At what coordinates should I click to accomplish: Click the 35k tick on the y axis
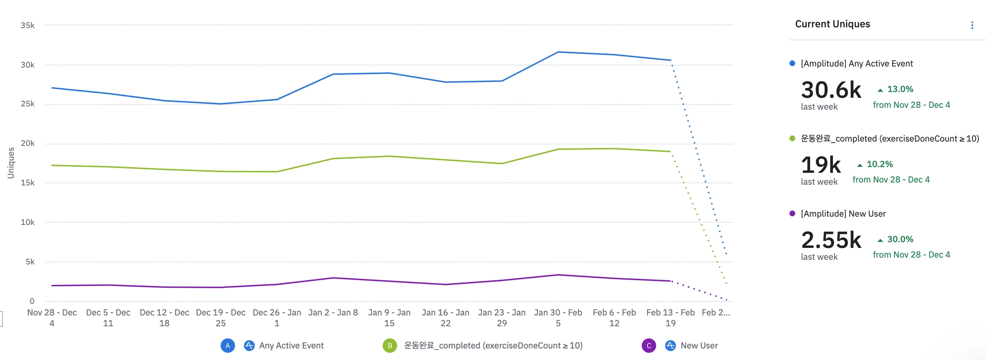pyautogui.click(x=27, y=25)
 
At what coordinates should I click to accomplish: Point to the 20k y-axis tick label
pyautogui.click(x=27, y=143)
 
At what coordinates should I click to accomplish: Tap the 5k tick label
pyautogui.click(x=30, y=262)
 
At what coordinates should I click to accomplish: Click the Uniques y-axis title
pyautogui.click(x=11, y=163)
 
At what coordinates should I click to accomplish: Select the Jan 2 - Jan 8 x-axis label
pyautogui.click(x=333, y=312)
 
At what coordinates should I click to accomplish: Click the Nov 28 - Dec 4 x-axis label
pyautogui.click(x=52, y=318)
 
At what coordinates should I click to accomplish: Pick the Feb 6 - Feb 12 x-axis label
pyautogui.click(x=614, y=318)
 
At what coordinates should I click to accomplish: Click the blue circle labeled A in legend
pyautogui.click(x=228, y=346)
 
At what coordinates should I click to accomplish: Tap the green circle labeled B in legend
pyautogui.click(x=390, y=346)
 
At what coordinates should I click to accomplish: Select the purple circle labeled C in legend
pyautogui.click(x=649, y=346)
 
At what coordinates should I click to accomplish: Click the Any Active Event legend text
pyautogui.click(x=291, y=346)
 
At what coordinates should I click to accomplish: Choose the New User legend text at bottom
pyautogui.click(x=699, y=346)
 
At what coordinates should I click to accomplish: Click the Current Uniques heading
pyautogui.click(x=832, y=24)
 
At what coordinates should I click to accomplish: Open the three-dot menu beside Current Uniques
pyautogui.click(x=972, y=25)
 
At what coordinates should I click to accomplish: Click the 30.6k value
pyautogui.click(x=831, y=90)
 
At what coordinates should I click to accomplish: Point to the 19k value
pyautogui.click(x=820, y=165)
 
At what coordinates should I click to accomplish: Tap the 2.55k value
pyautogui.click(x=831, y=240)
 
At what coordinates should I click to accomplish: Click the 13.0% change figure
pyautogui.click(x=900, y=89)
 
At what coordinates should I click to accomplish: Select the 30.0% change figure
pyautogui.click(x=900, y=239)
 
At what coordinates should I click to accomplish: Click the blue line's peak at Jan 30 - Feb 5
pyautogui.click(x=558, y=52)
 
